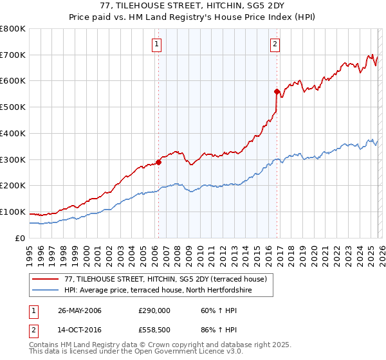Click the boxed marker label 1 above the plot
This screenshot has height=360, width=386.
click(x=157, y=44)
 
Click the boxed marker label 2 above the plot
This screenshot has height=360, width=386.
click(x=275, y=44)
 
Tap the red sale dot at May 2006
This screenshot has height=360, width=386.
click(x=158, y=162)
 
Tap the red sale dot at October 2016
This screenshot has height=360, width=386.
click(x=277, y=91)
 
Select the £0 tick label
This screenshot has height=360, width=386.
click(x=21, y=238)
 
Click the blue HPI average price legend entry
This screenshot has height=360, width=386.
click(x=167, y=290)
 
